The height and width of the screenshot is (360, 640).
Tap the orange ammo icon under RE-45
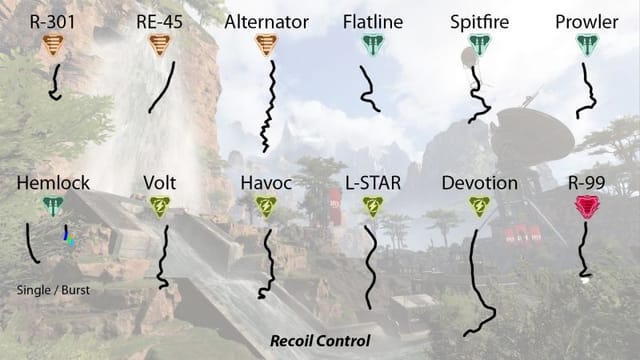pos(158,44)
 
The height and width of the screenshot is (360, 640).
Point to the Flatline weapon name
pos(371,20)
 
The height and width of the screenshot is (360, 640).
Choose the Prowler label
pos(587,20)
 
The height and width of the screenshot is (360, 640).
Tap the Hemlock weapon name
pos(54,183)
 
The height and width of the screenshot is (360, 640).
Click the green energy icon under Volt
pos(160,207)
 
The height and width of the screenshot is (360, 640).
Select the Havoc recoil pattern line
pos(266,263)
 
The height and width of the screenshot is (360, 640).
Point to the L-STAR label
pos(372,183)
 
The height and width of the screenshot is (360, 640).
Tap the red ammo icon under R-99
pos(586,207)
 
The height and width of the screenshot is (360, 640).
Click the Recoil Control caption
pos(320,341)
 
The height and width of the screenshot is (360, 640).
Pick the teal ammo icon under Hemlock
pos(53,207)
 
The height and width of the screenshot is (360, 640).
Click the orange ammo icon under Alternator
pos(265,44)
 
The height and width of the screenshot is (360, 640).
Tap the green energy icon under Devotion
pos(479,207)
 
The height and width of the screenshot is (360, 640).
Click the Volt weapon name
pos(160,183)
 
